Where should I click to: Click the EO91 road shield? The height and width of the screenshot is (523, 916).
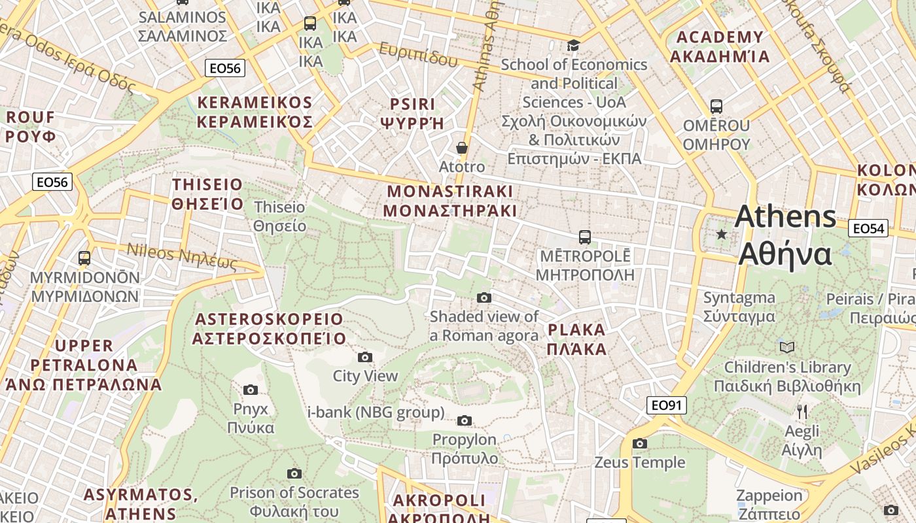coord(667,405)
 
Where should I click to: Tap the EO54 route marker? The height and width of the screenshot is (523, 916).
coord(868,228)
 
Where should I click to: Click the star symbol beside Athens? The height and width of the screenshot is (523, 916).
coord(722,233)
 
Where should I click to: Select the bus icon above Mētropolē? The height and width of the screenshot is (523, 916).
coord(584,237)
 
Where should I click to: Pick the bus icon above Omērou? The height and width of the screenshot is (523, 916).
coord(716,106)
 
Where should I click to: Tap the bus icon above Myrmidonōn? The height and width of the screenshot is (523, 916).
coord(84,258)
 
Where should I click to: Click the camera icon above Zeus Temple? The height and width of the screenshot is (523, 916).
coord(640,443)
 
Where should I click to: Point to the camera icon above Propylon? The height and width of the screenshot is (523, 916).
coord(464,420)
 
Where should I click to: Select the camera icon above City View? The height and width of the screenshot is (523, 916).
coord(365,357)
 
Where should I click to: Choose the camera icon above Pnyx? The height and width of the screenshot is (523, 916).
coord(250,390)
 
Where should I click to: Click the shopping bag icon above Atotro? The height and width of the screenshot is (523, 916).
coord(462,148)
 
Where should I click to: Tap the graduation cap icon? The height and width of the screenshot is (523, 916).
coord(574,45)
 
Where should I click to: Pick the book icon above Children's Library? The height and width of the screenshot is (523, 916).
coord(786,347)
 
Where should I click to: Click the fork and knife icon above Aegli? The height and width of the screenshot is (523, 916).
coord(802,412)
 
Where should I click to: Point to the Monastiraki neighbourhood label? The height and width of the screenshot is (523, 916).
coord(450,201)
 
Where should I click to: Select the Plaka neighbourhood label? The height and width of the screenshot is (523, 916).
coord(577,339)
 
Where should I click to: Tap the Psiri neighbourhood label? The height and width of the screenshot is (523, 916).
coord(412,113)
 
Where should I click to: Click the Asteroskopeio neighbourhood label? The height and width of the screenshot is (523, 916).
coord(268,328)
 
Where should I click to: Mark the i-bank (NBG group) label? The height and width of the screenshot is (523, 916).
coord(376,413)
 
